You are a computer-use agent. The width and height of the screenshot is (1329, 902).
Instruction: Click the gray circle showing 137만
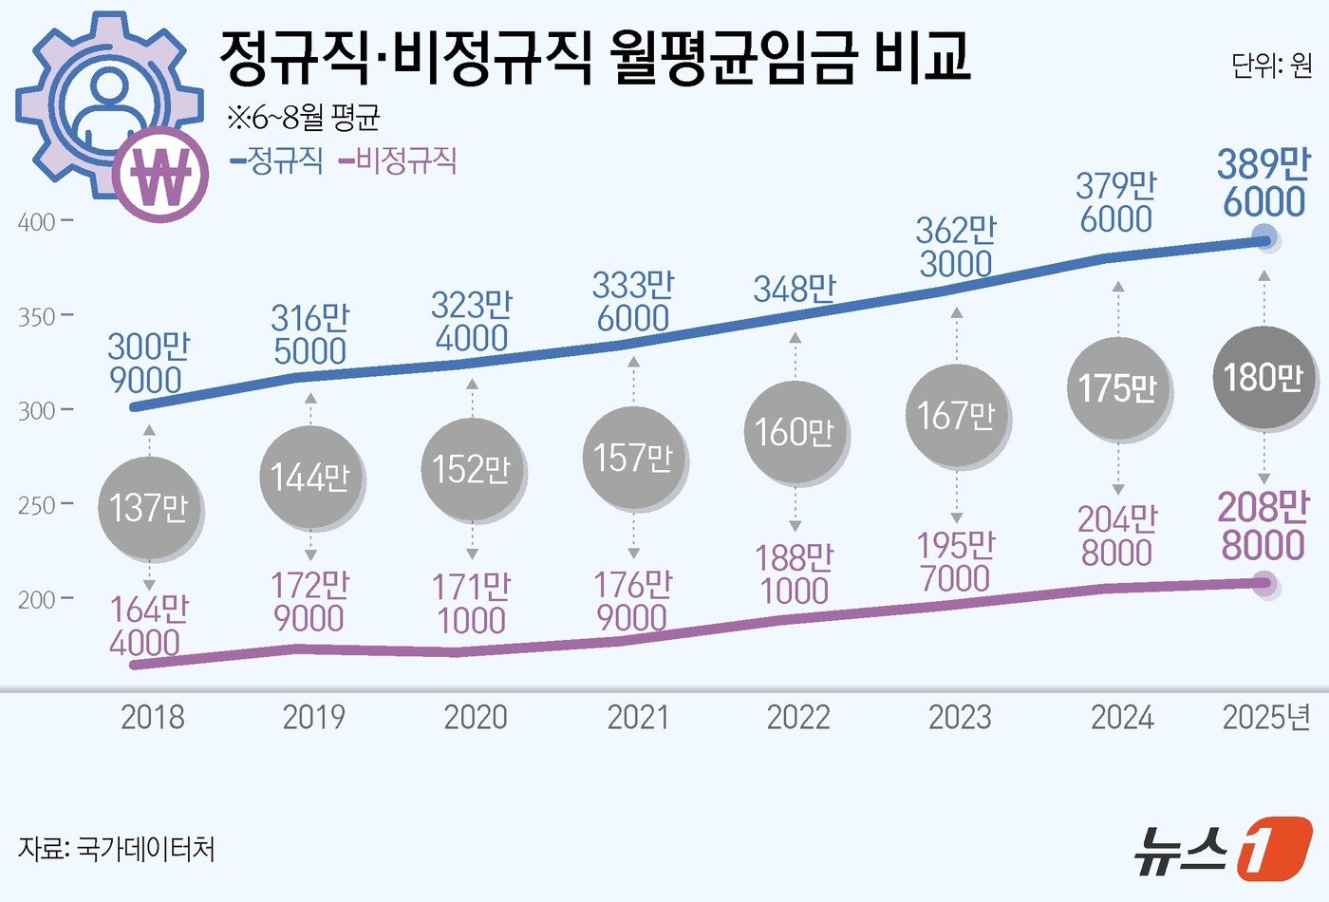tap(148, 508)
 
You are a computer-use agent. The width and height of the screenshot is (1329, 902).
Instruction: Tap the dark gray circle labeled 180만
tap(1263, 378)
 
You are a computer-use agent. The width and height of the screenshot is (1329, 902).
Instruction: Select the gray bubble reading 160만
tap(795, 432)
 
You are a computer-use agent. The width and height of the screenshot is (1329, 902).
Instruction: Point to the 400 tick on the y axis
tap(38, 222)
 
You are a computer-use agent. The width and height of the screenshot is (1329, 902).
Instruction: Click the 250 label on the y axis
tap(38, 505)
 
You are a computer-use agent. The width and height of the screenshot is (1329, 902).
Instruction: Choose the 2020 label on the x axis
tap(476, 717)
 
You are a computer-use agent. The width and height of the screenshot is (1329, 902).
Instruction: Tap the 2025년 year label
tap(1266, 717)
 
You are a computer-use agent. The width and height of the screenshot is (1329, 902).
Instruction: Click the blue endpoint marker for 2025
tap(1263, 239)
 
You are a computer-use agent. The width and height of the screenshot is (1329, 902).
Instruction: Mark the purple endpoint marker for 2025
tap(1263, 583)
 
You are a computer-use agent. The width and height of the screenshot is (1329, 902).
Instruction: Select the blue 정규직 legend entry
tap(277, 160)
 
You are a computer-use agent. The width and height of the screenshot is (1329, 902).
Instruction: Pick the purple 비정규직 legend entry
tap(399, 160)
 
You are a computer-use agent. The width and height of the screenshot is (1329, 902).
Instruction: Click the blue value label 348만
tap(795, 289)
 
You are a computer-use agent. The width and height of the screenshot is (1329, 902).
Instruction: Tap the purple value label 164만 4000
tap(148, 626)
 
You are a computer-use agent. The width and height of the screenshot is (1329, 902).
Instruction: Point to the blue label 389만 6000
tap(1263, 183)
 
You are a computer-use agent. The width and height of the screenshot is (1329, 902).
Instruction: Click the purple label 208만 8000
tap(1263, 526)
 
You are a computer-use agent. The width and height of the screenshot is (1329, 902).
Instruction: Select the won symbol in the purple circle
tap(160, 175)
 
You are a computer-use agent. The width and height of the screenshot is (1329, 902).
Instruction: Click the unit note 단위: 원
tap(1272, 66)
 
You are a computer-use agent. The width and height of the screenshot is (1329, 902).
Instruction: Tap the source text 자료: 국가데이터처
tap(116, 847)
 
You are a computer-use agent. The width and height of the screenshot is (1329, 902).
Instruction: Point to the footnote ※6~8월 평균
tap(303, 118)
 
